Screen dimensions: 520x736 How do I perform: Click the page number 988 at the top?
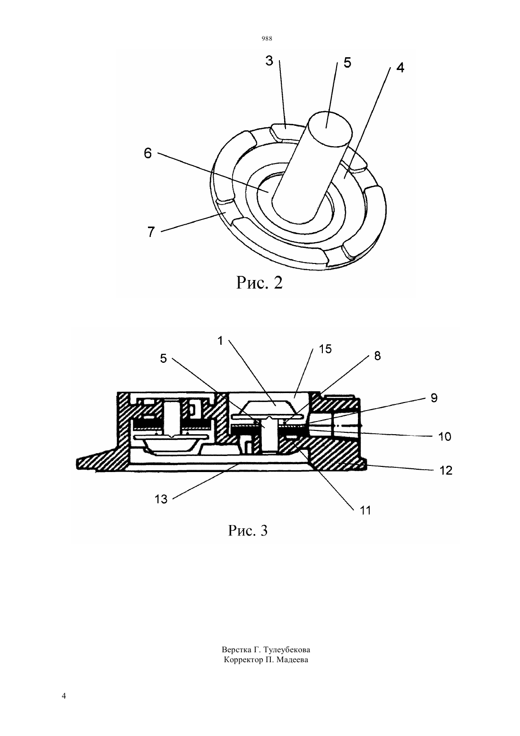point(267,39)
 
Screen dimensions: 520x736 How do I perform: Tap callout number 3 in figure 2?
point(269,61)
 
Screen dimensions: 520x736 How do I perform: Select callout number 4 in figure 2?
point(400,67)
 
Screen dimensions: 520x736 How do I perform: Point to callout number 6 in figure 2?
point(148,153)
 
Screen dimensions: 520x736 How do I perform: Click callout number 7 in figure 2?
point(151,232)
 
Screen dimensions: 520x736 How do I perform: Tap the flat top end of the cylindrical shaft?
point(329,128)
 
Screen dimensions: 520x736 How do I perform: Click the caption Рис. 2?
point(260,282)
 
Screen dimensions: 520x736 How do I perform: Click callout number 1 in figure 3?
point(220,341)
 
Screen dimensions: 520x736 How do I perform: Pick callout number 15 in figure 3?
point(325,349)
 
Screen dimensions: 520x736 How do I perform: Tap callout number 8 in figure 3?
point(377,356)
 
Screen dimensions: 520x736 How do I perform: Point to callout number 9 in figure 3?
point(434,398)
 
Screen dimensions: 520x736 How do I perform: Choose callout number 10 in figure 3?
point(445,437)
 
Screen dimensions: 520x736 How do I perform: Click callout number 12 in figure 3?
point(446,471)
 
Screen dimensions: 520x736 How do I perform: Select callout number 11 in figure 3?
point(365,510)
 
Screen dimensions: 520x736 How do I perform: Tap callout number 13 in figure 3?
point(161,499)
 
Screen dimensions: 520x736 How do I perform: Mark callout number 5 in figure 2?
point(347,62)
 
